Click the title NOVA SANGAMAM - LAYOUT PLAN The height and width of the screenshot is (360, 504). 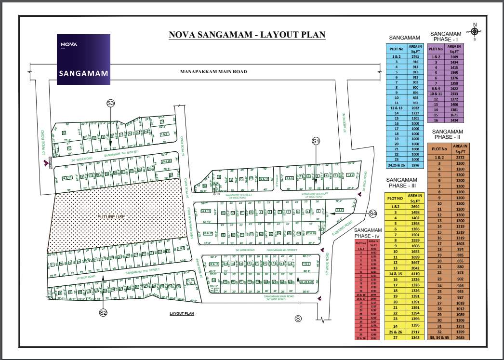[247, 35]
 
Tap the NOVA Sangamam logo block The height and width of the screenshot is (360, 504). [83, 59]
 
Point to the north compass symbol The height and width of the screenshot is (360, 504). [475, 31]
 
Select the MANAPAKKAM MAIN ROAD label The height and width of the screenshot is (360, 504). [213, 72]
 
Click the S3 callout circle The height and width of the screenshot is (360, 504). [110, 103]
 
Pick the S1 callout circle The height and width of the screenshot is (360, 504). [316, 141]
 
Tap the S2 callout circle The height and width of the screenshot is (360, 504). [103, 313]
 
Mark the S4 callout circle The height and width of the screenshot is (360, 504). [372, 213]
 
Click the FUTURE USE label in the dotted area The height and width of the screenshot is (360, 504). [111, 217]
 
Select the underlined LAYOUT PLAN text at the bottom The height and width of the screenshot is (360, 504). [182, 313]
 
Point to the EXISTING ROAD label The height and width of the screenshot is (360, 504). [343, 228]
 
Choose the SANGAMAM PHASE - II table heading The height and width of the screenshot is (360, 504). [447, 134]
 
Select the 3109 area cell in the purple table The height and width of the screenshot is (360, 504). [454, 57]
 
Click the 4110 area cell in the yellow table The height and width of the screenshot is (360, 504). [415, 273]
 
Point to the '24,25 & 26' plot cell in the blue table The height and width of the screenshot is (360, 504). [397, 165]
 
